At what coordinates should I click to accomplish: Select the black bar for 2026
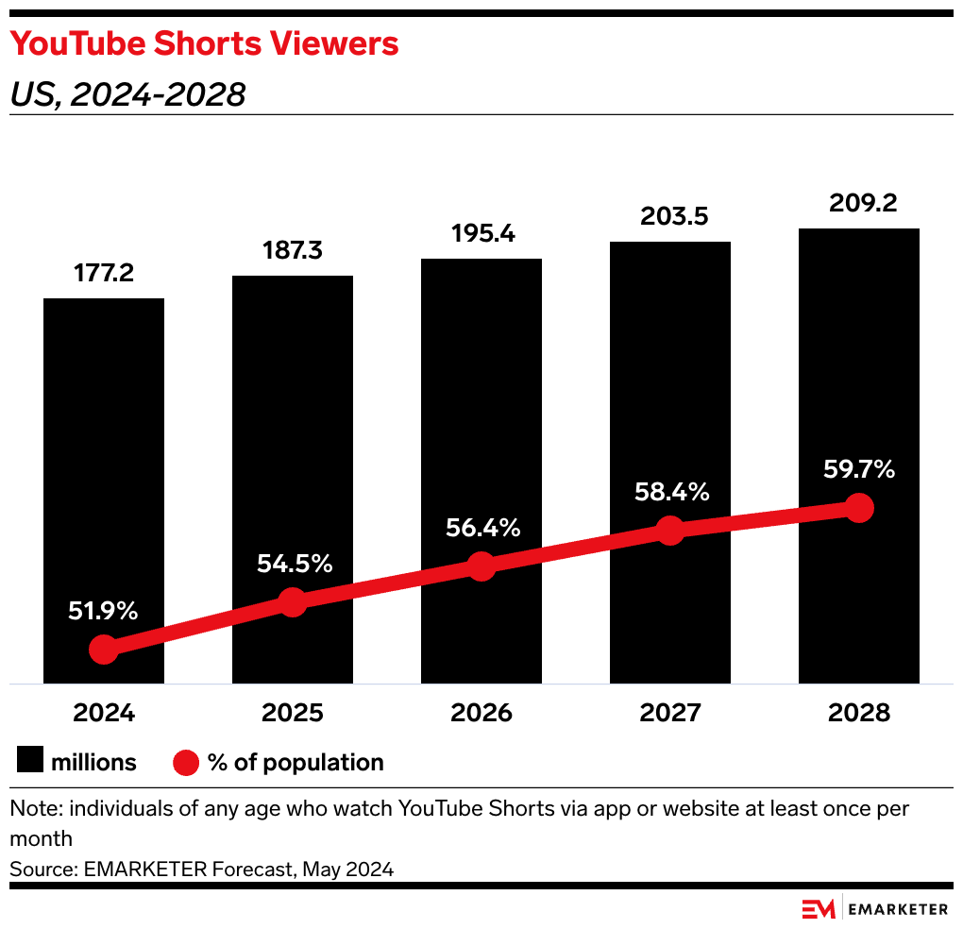tap(481, 425)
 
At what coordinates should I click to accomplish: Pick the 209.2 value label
tap(859, 204)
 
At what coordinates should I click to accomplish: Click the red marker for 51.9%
tap(104, 650)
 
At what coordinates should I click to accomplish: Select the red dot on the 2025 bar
tap(293, 602)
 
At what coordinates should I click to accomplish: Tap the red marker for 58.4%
tap(670, 531)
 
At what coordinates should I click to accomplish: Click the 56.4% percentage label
tap(482, 528)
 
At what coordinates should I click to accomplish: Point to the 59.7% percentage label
tap(857, 469)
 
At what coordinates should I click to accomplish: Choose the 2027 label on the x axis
tap(670, 713)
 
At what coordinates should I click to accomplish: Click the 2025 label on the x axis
tap(293, 713)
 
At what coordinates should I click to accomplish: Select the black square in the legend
tap(31, 762)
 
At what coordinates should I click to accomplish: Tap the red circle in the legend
tap(186, 762)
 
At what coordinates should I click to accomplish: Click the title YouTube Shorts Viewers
tap(204, 43)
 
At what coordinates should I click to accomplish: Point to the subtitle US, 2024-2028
tap(127, 94)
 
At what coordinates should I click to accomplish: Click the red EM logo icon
tap(819, 908)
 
